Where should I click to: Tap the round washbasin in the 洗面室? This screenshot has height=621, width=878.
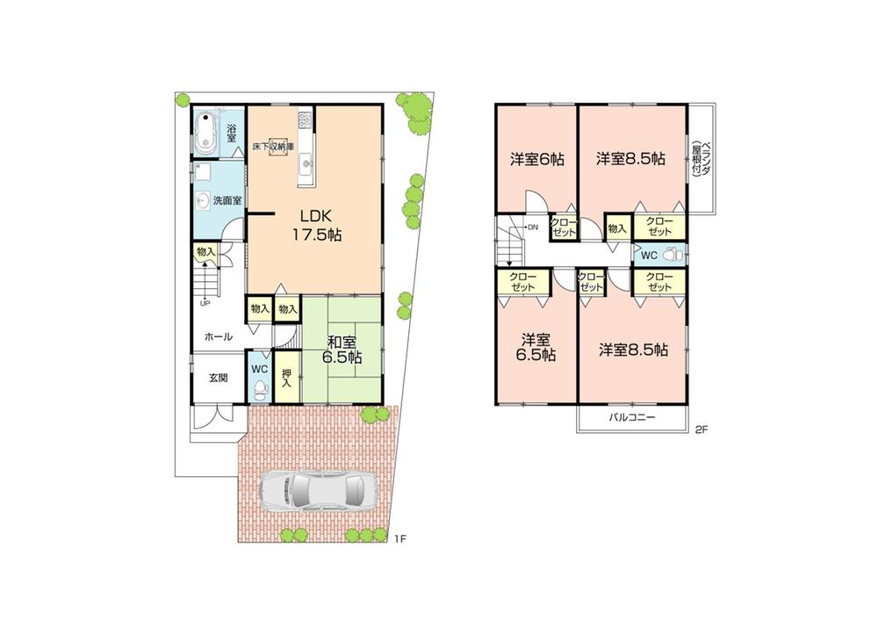(202, 199)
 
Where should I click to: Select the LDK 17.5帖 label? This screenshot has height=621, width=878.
(316, 225)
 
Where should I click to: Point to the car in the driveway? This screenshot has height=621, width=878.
(317, 493)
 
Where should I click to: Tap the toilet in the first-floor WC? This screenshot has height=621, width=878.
(259, 385)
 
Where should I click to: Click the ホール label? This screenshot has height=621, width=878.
(219, 336)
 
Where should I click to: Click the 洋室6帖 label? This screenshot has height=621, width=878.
(536, 160)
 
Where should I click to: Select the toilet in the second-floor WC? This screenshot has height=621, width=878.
(673, 255)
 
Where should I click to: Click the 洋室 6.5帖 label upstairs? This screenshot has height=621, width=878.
(536, 347)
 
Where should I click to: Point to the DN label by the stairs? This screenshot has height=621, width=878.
(533, 227)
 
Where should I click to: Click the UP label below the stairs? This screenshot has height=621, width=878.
(205, 304)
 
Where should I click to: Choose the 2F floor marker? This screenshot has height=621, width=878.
(701, 430)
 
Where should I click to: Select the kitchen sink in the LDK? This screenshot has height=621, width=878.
(306, 162)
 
